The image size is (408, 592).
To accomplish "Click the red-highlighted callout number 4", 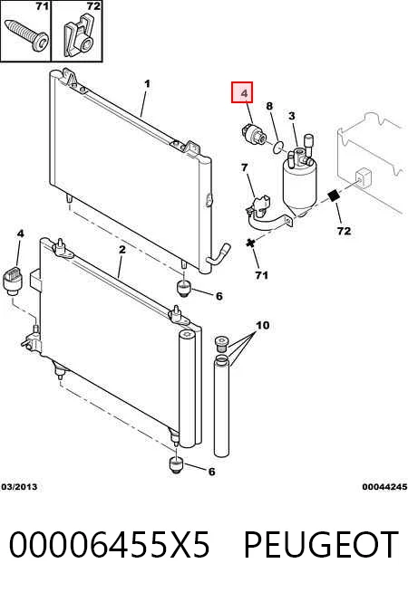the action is click(x=244, y=92).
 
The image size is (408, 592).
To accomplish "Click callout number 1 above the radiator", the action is click(x=147, y=83).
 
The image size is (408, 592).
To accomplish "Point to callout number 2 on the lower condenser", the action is click(x=122, y=250).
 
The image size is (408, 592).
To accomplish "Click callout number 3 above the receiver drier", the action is click(x=292, y=116).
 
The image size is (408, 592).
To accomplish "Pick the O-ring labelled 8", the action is click(x=278, y=147).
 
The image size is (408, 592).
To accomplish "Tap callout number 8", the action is click(x=269, y=106).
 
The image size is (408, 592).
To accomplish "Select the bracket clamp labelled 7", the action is click(x=269, y=214).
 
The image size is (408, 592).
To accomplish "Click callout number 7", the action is click(x=245, y=167).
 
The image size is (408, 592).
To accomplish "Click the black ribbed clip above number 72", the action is click(x=334, y=196).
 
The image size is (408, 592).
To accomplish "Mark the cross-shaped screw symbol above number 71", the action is click(x=250, y=243).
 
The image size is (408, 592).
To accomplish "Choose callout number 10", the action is click(x=262, y=325).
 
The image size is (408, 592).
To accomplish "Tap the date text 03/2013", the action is click(x=20, y=487).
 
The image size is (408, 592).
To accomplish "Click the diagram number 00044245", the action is click(x=384, y=487).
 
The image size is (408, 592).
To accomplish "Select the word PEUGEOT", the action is click(x=321, y=544).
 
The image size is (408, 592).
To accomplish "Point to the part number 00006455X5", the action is click(x=109, y=544).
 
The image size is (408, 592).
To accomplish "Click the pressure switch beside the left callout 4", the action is click(x=13, y=280).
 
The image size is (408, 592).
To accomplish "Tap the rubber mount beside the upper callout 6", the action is click(x=184, y=289).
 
